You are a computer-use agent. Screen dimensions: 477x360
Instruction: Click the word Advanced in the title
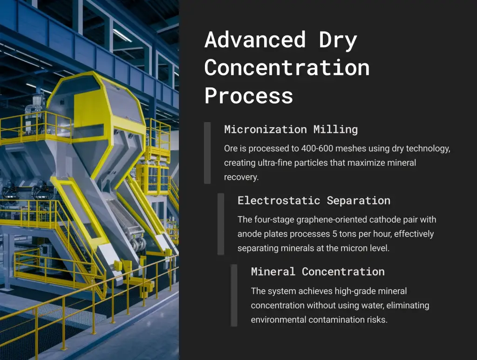255,40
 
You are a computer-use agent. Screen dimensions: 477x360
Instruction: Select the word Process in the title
249,95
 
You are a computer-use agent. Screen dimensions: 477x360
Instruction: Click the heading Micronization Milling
291,129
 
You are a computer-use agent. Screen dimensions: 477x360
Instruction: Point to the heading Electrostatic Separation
314,200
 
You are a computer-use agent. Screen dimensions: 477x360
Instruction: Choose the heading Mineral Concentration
318,272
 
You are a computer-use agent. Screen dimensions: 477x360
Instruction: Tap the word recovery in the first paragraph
241,177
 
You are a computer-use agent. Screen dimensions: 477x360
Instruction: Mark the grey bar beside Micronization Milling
207,153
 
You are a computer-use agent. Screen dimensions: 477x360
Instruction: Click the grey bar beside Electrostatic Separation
221,224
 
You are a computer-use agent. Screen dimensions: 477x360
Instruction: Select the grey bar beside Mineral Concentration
234,295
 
